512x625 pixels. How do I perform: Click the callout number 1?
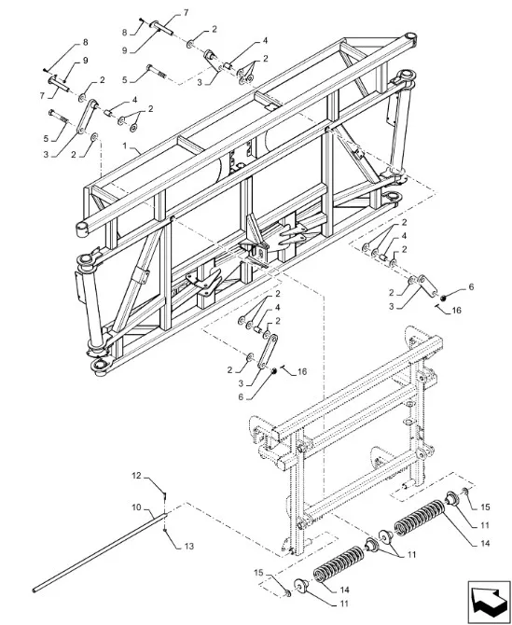pos(125,146)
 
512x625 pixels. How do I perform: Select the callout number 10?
pos(137,507)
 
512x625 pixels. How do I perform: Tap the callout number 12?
pos(137,476)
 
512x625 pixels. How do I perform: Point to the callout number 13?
pos(189,546)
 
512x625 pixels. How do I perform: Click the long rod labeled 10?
pos(100,552)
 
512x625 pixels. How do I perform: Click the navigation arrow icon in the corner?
pos(489,602)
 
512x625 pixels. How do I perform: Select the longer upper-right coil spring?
pos(420,517)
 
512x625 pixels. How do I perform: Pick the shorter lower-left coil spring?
pos(339,563)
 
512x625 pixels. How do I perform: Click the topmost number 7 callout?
pos(186,13)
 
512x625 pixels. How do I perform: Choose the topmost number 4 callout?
pos(265,40)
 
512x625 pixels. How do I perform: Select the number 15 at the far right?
pos(485,507)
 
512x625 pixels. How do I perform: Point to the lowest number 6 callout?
pos(241,397)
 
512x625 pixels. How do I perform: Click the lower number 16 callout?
pos(302,372)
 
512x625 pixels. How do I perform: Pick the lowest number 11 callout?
pos(344,604)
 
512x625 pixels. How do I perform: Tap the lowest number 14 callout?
pos(345,590)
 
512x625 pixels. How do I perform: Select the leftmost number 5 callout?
pos(46,139)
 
